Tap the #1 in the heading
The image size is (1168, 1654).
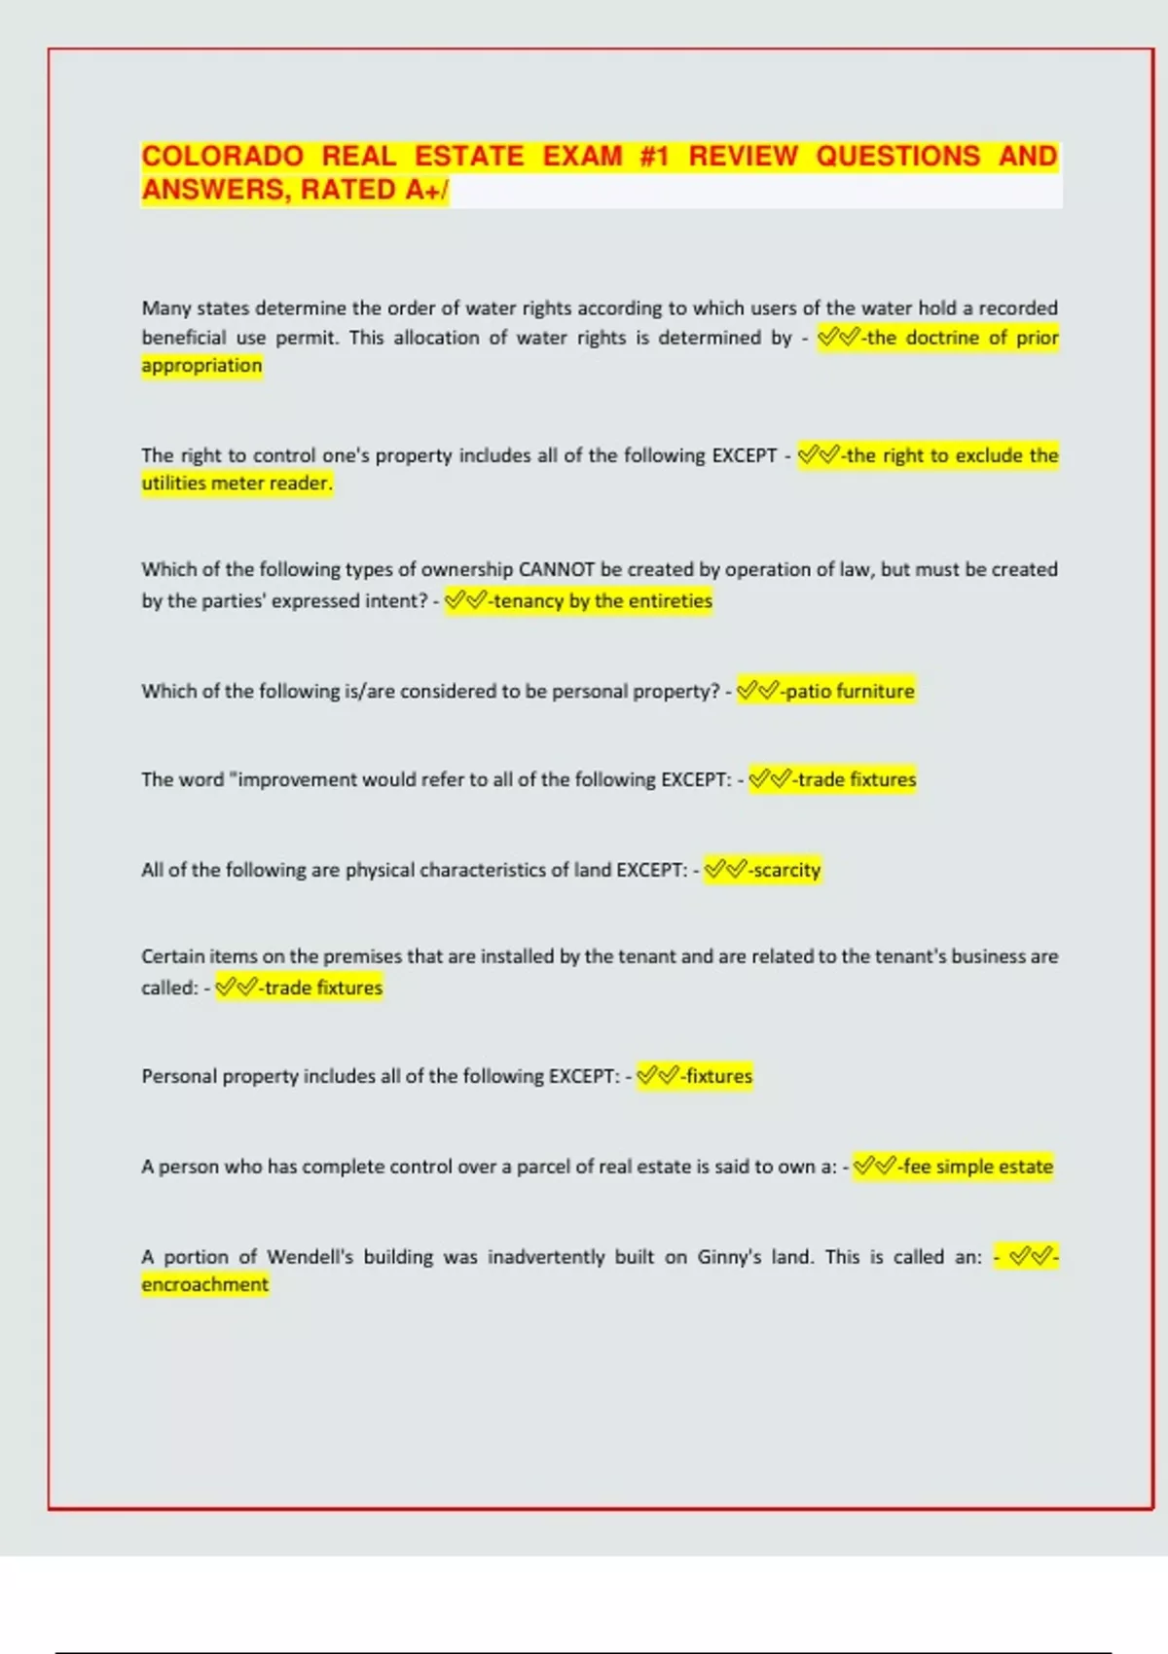[x=654, y=157]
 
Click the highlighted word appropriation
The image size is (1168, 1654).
[x=201, y=366]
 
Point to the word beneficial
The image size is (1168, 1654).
[x=184, y=338]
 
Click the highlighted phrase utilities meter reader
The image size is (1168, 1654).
[x=237, y=484]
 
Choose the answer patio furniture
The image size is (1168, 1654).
[x=850, y=692]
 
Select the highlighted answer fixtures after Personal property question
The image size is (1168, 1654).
[x=718, y=1076]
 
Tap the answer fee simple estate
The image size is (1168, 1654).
[x=977, y=1167]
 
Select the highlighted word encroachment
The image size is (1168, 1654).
[x=204, y=1285]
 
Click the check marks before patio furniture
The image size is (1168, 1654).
[x=758, y=692]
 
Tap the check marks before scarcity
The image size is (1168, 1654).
[x=725, y=870]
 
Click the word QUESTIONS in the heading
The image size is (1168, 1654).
[x=897, y=157]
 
